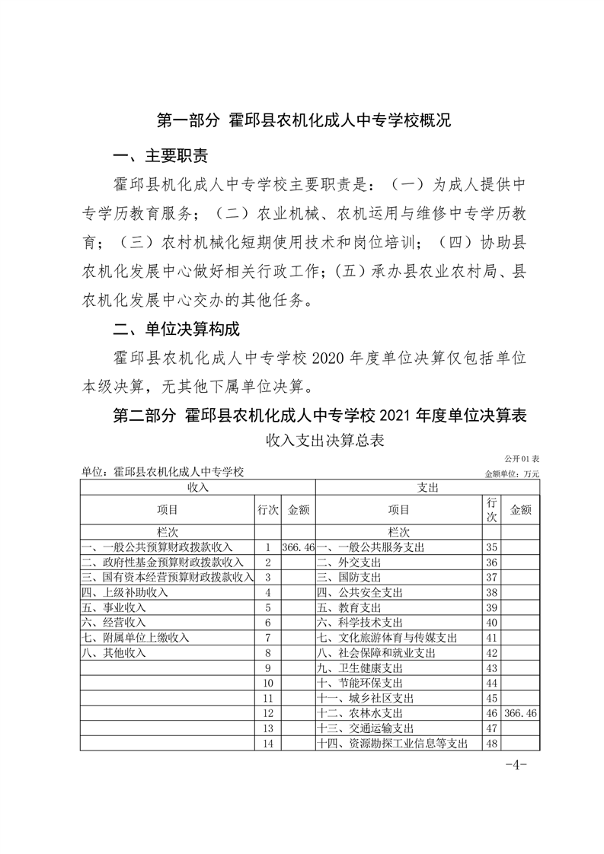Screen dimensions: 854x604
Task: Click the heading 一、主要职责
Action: coord(159,157)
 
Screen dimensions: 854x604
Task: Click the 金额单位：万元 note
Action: coord(512,473)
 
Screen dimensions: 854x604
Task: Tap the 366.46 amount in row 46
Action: coord(521,713)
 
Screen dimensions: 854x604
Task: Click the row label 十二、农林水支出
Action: coord(359,713)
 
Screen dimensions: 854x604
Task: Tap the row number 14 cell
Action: coord(267,744)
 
